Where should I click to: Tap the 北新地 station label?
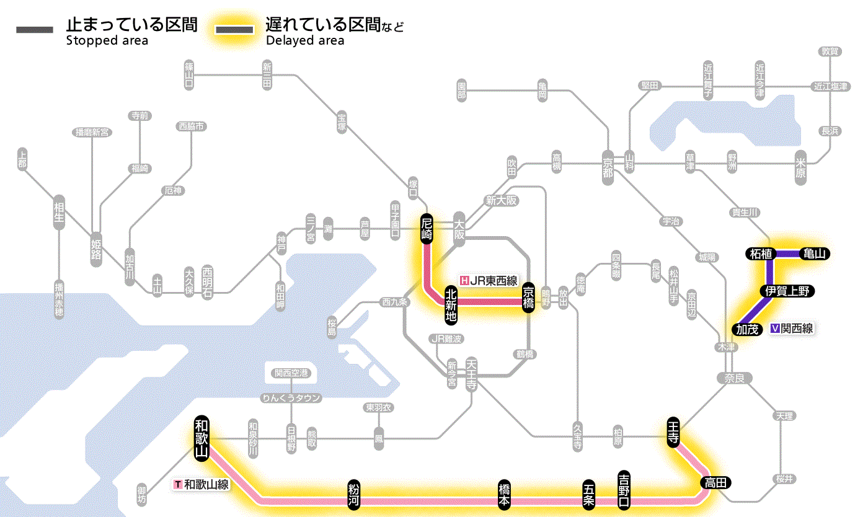pos(451,304)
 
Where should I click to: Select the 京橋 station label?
pos(528,297)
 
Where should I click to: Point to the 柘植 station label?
pos(760,254)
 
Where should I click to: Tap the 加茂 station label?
pos(747,329)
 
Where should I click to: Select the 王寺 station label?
pos(674,430)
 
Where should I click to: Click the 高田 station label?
pos(716,482)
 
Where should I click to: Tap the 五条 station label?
pos(588,494)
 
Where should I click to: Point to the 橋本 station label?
pos(505,494)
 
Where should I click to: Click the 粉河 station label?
pos(353,494)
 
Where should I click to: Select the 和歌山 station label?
pos(201,438)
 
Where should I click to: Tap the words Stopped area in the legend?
pos(107,41)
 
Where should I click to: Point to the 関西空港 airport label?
pos(291,373)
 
